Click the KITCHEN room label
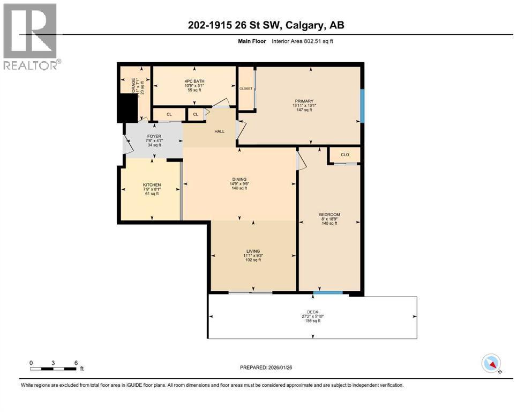pyautogui.click(x=152, y=185)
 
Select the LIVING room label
pyautogui.click(x=253, y=251)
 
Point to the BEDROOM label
pyautogui.click(x=329, y=215)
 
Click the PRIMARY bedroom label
pyautogui.click(x=303, y=101)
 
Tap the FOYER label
pyautogui.click(x=154, y=136)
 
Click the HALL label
pyautogui.click(x=219, y=131)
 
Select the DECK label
pyautogui.click(x=313, y=312)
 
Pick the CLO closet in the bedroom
pyautogui.click(x=345, y=154)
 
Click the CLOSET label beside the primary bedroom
pyautogui.click(x=246, y=89)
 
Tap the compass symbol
pyautogui.click(x=491, y=364)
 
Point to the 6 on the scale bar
pyautogui.click(x=76, y=362)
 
